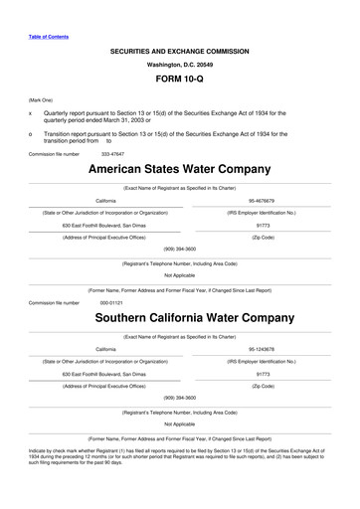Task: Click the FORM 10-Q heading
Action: point(179,78)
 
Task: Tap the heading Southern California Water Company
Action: point(179,319)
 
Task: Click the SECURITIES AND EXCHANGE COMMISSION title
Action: point(179,48)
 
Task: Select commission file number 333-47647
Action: point(114,154)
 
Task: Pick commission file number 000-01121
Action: point(110,302)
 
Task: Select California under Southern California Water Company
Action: point(105,350)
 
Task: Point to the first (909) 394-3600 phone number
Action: point(179,248)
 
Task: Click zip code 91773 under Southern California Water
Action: point(264,374)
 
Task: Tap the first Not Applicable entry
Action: point(179,275)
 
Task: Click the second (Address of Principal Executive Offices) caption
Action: point(105,386)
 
